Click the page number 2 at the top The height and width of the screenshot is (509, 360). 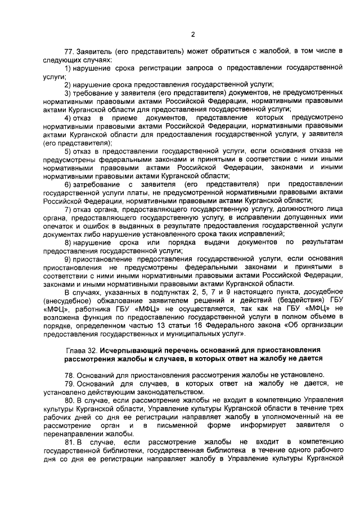pos(192,34)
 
